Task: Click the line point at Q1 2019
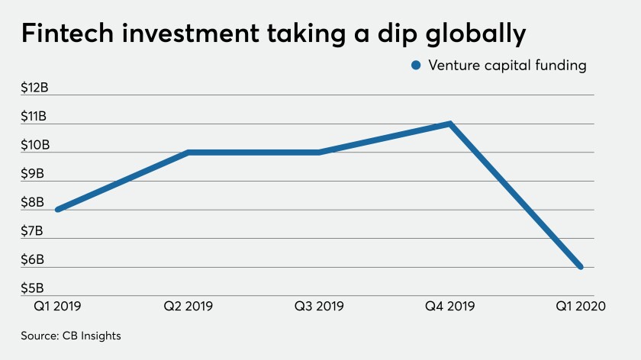pyautogui.click(x=57, y=210)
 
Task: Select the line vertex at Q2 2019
pyautogui.click(x=188, y=153)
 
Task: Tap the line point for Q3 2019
pyautogui.click(x=319, y=153)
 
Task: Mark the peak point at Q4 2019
pyautogui.click(x=450, y=124)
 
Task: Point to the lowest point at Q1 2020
pyautogui.click(x=581, y=267)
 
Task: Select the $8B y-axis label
pyautogui.click(x=34, y=202)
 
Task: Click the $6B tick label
pyautogui.click(x=34, y=260)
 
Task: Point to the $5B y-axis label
pyautogui.click(x=34, y=288)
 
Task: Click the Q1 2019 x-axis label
pyautogui.click(x=57, y=307)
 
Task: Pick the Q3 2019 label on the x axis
pyautogui.click(x=319, y=307)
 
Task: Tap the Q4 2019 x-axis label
pyautogui.click(x=450, y=307)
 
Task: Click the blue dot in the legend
pyautogui.click(x=416, y=66)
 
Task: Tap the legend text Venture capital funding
pyautogui.click(x=507, y=66)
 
